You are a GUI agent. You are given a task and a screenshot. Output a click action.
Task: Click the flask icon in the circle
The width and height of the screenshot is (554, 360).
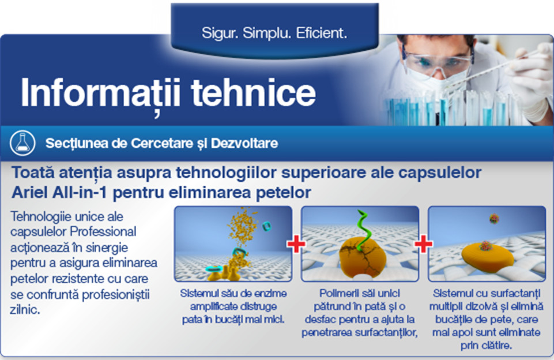coord(22,143)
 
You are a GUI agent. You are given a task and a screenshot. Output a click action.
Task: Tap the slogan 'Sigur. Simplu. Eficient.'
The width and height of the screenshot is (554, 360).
coord(274,33)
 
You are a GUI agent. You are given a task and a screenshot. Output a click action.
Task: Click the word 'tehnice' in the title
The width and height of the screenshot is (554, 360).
coord(253,93)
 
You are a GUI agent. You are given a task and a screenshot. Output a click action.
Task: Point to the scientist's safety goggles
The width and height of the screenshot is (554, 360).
coord(437,60)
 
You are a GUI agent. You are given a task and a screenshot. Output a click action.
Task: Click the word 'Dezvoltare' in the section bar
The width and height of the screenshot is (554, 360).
coord(244,143)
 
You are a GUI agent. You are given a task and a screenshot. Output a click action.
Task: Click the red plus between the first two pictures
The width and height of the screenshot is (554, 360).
coord(296,244)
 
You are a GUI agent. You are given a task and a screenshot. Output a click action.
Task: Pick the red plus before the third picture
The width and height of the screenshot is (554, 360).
coord(423,244)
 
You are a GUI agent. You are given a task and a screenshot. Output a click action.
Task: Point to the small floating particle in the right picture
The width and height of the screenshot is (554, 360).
coord(494,219)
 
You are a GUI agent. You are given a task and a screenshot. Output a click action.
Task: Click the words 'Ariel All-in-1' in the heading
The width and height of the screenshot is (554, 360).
coord(59,193)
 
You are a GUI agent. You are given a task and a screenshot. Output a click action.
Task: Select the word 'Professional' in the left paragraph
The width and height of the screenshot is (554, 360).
coord(103,231)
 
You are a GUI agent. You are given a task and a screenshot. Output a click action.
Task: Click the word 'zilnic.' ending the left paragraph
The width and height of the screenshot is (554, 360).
coord(25,310)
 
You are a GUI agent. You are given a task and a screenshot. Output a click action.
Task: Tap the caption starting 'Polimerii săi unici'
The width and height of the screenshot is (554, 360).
coord(360,313)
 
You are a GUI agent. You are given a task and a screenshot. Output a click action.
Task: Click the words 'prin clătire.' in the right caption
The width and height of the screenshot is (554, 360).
coord(486,346)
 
